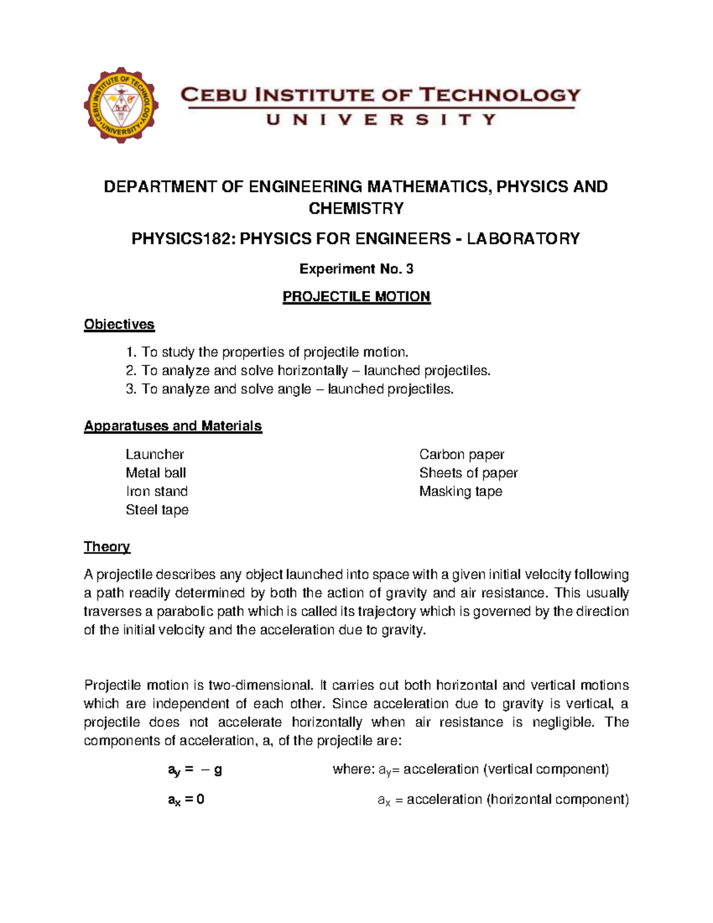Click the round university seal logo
[x=121, y=105]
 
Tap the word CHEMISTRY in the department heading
[x=356, y=209]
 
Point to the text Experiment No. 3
[x=356, y=269]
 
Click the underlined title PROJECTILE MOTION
[x=356, y=297]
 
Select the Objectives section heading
[x=119, y=325]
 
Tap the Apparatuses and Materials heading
[x=172, y=426]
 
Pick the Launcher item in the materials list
[x=154, y=455]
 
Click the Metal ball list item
[x=156, y=473]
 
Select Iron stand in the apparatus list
[x=156, y=492]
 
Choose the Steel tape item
[x=157, y=510]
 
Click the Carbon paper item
[x=461, y=455]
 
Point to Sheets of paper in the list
[x=468, y=473]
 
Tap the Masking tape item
[x=460, y=492]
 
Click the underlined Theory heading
[x=107, y=547]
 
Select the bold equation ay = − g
[x=195, y=770]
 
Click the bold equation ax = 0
[x=186, y=800]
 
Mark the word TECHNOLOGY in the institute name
[x=499, y=95]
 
